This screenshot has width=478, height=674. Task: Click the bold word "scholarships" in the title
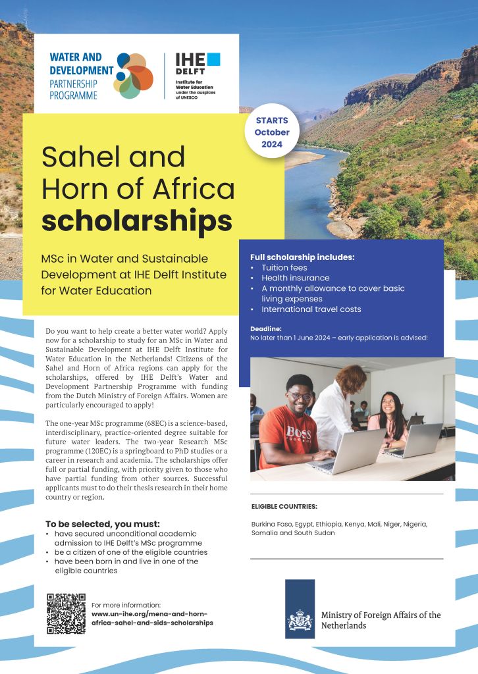pyautogui.click(x=137, y=220)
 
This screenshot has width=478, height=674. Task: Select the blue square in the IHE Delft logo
pyautogui.click(x=213, y=59)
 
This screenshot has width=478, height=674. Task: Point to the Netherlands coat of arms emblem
pyautogui.click(x=300, y=619)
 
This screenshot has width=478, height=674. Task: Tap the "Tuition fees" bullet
pyautogui.click(x=284, y=268)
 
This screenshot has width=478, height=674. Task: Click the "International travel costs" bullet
pyautogui.click(x=311, y=309)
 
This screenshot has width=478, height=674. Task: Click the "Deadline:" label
pyautogui.click(x=266, y=328)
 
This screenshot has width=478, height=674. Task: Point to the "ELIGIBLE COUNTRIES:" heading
pyautogui.click(x=284, y=507)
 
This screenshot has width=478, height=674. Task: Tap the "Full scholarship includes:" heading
pyautogui.click(x=302, y=257)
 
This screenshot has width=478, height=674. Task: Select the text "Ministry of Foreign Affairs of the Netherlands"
pyautogui.click(x=381, y=620)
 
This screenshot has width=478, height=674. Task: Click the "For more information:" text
pyautogui.click(x=126, y=605)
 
